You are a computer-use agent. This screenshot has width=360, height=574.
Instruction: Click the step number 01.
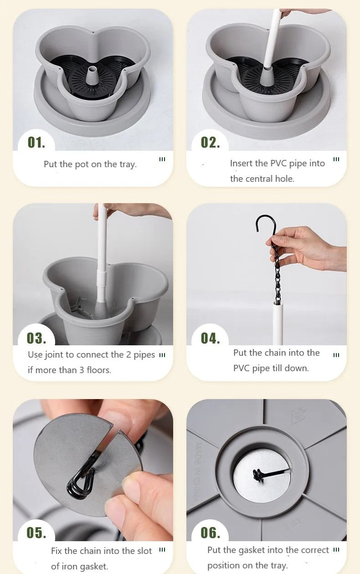(x=36, y=143)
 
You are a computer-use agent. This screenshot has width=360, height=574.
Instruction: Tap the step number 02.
(x=210, y=143)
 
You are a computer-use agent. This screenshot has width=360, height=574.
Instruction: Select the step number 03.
(x=36, y=338)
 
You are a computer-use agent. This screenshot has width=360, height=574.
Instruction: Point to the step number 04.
(x=210, y=338)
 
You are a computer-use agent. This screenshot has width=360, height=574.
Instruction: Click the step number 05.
(x=36, y=533)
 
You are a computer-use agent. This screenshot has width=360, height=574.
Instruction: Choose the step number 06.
(x=210, y=533)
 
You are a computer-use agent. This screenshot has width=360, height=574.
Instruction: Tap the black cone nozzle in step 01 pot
(x=93, y=72)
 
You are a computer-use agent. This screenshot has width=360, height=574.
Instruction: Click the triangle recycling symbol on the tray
(x=298, y=415)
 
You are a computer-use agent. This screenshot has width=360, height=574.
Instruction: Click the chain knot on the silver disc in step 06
(x=259, y=475)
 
